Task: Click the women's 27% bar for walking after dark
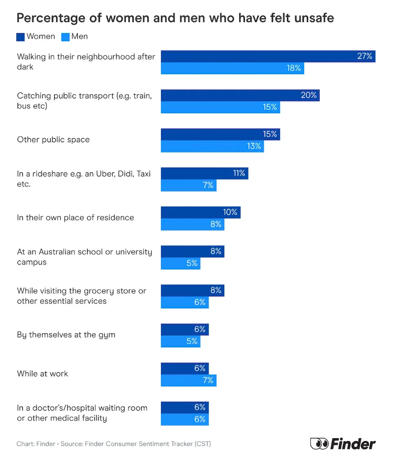tap(268, 57)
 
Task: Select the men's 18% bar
tap(232, 68)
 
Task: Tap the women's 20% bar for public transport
tap(240, 96)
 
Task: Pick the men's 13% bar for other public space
tap(212, 146)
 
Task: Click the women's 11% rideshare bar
tap(204, 174)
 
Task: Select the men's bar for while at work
tap(188, 380)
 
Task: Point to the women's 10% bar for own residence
tap(200, 213)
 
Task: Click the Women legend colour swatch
tap(21, 37)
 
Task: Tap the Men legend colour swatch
tap(65, 37)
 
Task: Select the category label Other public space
tap(53, 140)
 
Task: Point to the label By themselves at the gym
tap(66, 335)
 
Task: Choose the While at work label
tap(43, 374)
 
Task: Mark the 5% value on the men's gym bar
tap(192, 341)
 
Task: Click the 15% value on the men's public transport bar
tap(270, 107)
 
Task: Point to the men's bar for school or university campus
tap(180, 263)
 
